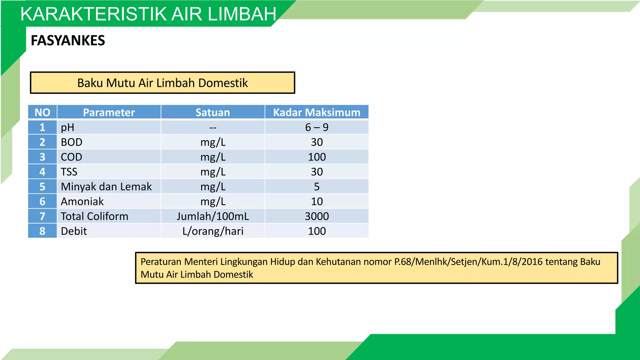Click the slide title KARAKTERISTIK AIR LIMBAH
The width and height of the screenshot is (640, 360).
pyautogui.click(x=148, y=14)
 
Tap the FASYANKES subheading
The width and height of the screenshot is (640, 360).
pyautogui.click(x=68, y=41)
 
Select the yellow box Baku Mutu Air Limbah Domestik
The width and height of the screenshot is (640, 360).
pyautogui.click(x=162, y=83)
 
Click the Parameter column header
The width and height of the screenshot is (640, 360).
pyautogui.click(x=109, y=112)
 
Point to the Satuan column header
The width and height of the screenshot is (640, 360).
pyautogui.click(x=213, y=112)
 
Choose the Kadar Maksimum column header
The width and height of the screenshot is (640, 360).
pyautogui.click(x=317, y=112)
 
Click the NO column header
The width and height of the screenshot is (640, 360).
pyautogui.click(x=42, y=112)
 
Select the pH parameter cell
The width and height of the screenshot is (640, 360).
pyautogui.click(x=67, y=127)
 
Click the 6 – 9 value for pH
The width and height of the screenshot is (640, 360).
pyautogui.click(x=317, y=127)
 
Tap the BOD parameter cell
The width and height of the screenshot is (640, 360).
pyautogui.click(x=72, y=142)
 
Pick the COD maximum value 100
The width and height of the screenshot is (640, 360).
pyautogui.click(x=317, y=157)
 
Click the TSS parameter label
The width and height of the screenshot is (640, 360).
pyautogui.click(x=69, y=172)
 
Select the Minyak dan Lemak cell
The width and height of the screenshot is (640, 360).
pyautogui.click(x=106, y=187)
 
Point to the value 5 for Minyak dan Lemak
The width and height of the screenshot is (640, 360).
pyautogui.click(x=317, y=187)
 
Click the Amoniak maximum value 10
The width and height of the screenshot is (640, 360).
pyautogui.click(x=317, y=202)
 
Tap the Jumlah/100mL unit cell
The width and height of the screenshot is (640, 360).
pyautogui.click(x=213, y=216)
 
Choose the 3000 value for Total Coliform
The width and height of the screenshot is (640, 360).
pyautogui.click(x=317, y=216)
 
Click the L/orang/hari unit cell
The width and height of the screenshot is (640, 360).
pyautogui.click(x=213, y=231)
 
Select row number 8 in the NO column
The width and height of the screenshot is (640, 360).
pyautogui.click(x=42, y=231)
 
